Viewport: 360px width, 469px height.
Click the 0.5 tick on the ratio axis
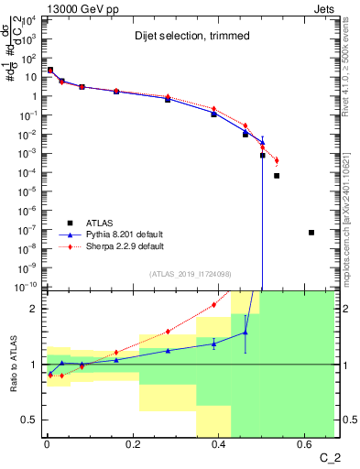click(33, 420)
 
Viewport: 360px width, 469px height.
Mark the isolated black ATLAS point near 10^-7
click(311, 233)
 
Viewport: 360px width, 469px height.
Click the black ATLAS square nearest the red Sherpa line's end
click(277, 175)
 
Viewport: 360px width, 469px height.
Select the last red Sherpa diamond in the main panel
click(277, 160)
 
